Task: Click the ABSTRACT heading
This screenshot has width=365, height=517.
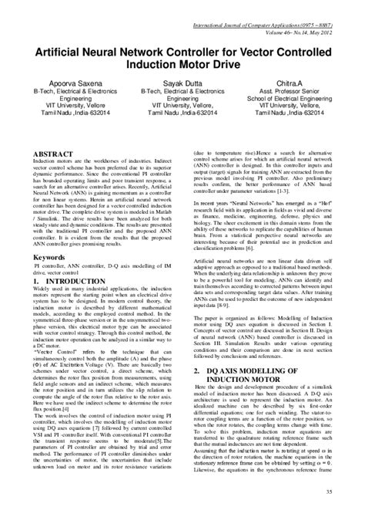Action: click(52, 154)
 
